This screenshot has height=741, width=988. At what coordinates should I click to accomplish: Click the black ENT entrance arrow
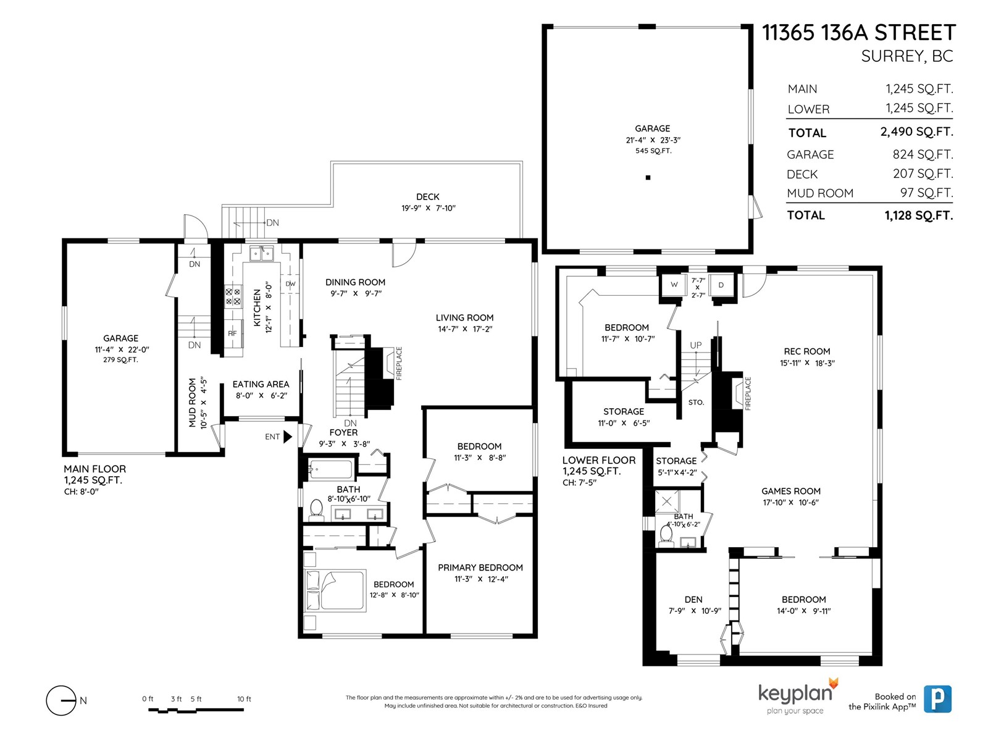287,437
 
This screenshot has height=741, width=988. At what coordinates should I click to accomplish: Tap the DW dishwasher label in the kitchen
290,284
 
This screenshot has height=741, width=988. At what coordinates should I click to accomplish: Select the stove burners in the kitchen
233,296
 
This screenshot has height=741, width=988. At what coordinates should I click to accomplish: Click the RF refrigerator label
232,333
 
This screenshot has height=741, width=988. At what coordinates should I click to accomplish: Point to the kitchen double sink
262,254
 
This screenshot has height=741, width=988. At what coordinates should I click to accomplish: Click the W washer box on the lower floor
674,285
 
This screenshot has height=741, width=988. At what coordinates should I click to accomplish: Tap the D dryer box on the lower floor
721,285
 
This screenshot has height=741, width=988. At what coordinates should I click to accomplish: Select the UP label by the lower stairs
696,345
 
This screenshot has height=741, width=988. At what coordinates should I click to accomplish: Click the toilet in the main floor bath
316,509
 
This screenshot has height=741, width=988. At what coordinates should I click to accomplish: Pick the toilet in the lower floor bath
666,535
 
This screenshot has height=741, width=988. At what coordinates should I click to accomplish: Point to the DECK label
427,196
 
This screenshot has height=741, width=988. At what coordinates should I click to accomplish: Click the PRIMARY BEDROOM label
480,567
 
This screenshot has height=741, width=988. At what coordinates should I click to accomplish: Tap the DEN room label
693,599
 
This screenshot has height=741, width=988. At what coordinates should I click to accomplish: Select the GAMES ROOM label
791,491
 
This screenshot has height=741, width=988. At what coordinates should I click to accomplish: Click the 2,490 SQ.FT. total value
916,132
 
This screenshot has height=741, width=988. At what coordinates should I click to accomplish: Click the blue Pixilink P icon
937,699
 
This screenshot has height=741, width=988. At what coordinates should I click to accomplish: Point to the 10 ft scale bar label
244,699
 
